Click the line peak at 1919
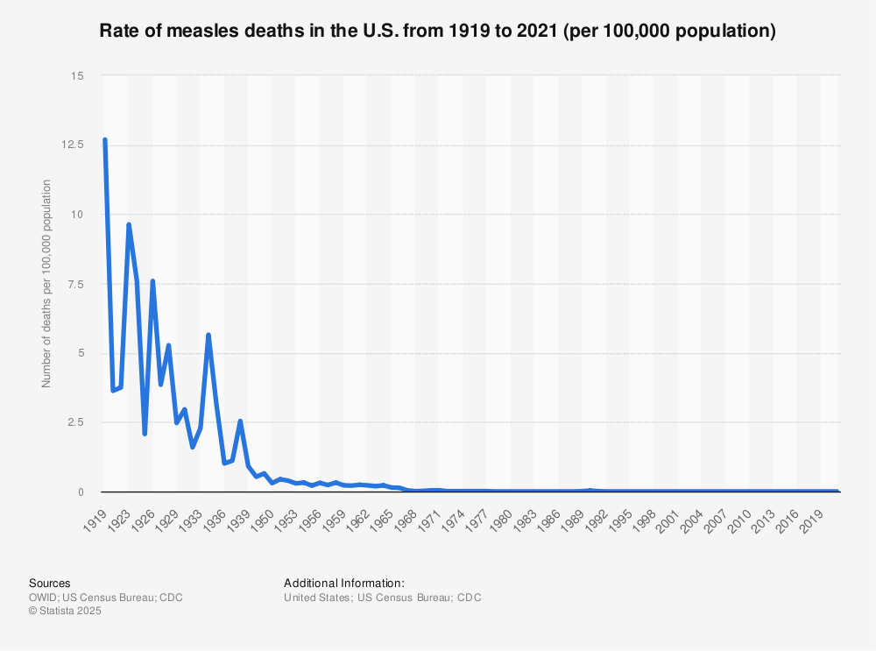(105, 140)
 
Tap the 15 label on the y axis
(78, 76)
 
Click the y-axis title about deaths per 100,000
(46, 284)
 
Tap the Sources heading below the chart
(50, 583)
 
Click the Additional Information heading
(344, 583)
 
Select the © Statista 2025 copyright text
(66, 612)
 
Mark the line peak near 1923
(129, 225)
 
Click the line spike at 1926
(152, 281)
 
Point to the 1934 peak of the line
(208, 335)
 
